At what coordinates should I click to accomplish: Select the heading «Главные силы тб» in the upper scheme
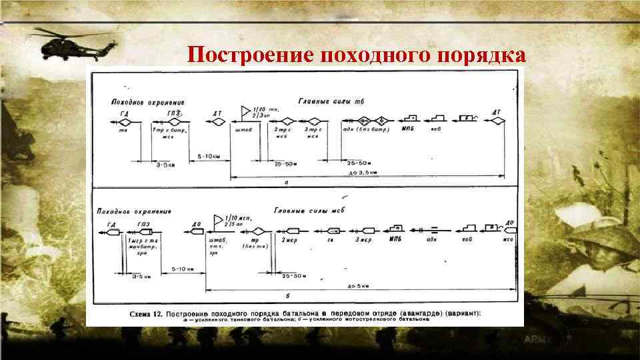[335, 101]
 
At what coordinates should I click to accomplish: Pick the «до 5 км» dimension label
[360, 285]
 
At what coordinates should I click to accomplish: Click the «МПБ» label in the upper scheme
[408, 129]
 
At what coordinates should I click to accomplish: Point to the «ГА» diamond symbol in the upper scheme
[125, 121]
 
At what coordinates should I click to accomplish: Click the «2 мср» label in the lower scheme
[289, 239]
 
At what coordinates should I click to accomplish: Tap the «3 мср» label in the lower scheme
[363, 239]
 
